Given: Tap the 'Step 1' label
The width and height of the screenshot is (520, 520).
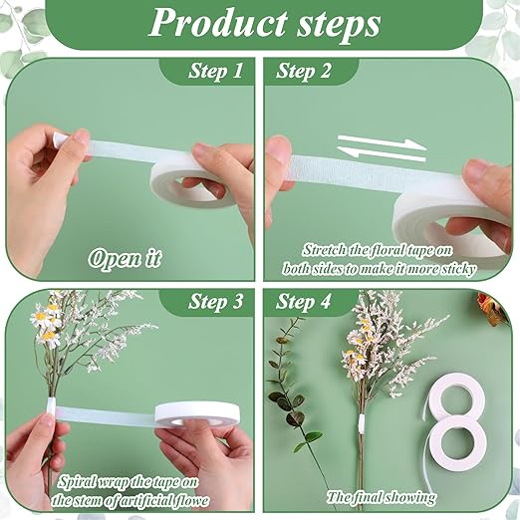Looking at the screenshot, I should pyautogui.click(x=215, y=72).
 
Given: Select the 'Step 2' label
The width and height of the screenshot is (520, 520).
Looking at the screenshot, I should pyautogui.click(x=305, y=72).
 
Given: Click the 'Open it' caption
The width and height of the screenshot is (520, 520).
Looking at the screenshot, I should pyautogui.click(x=125, y=258).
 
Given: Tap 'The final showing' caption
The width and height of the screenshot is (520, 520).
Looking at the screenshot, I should pyautogui.click(x=382, y=495).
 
